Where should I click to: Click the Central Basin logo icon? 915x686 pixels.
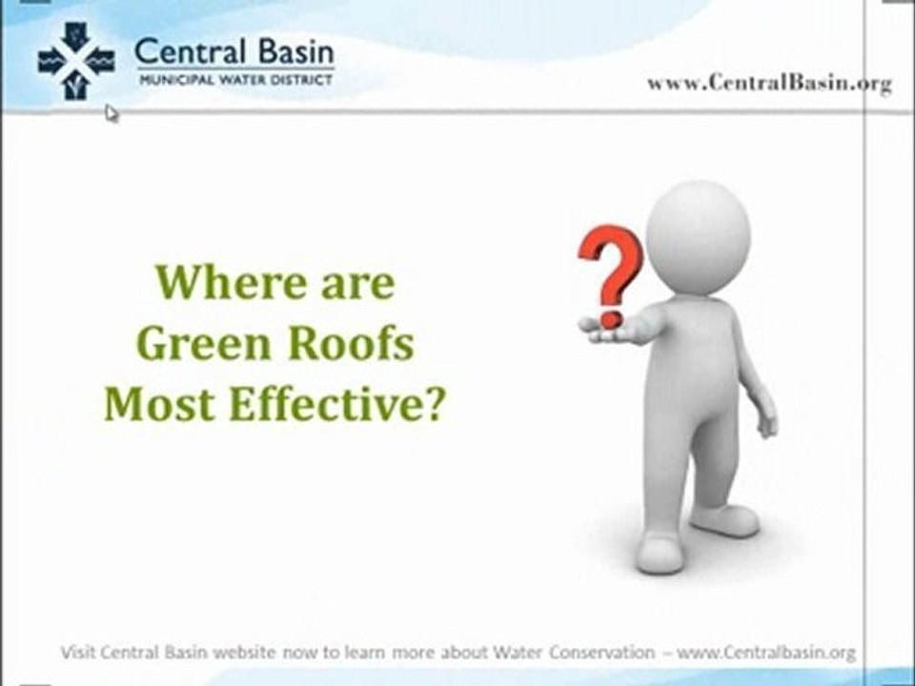tap(76, 62)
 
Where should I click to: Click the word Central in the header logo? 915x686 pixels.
tap(184, 51)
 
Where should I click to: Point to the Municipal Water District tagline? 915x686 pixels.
tap(234, 81)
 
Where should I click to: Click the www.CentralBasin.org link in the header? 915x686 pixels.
tap(769, 83)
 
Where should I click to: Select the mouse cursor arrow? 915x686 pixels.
tap(111, 113)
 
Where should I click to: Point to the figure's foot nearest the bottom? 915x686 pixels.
tap(660, 554)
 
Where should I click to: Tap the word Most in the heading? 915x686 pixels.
tap(151, 405)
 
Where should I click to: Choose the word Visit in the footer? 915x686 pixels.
tap(78, 653)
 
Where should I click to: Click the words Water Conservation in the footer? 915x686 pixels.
tap(574, 653)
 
